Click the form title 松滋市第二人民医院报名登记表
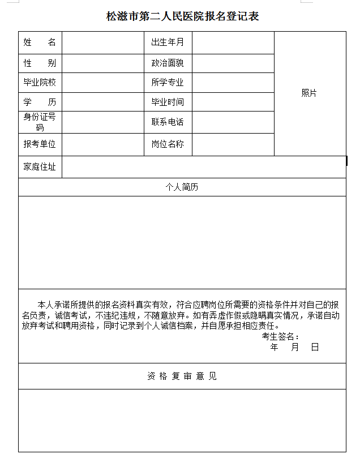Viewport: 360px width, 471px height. click(182, 16)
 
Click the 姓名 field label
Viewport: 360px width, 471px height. click(40, 42)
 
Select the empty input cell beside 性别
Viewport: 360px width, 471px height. click(102, 63)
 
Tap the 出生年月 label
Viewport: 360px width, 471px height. click(168, 42)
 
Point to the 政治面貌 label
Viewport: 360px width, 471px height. click(168, 63)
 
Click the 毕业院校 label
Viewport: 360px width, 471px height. click(40, 83)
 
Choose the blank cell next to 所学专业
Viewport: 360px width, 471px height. click(233, 83)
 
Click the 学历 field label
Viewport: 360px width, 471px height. click(40, 102)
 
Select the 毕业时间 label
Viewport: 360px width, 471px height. click(168, 102)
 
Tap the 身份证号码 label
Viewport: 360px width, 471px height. click(40, 122)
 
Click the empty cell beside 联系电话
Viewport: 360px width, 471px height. click(233, 122)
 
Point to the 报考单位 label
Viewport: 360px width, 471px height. click(40, 144)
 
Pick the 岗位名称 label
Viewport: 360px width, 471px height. click(168, 144)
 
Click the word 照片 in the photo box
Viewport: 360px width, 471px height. click(309, 93)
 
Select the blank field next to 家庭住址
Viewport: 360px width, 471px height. click(204, 167)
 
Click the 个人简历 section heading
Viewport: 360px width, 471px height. click(182, 187)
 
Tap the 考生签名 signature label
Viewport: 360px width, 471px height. click(280, 337)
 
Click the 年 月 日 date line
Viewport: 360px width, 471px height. click(295, 347)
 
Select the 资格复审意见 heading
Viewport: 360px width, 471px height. click(182, 376)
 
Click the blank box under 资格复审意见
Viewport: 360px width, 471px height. click(182, 420)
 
